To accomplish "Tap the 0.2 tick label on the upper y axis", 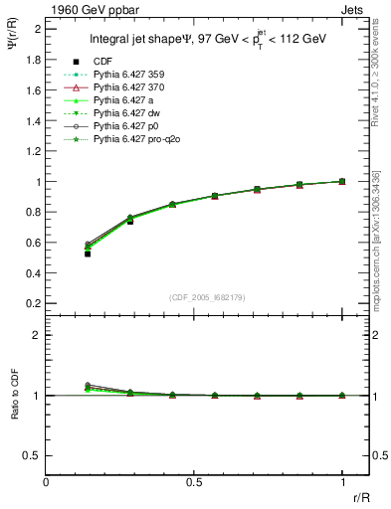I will pos(33,303).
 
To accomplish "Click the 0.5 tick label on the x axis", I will pos(194,481).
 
